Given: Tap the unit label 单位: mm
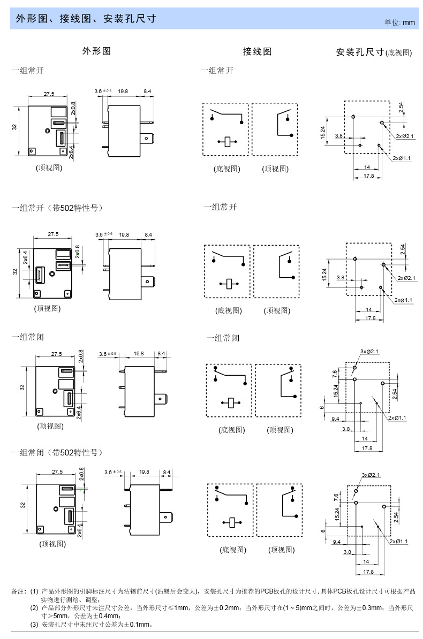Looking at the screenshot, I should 399,22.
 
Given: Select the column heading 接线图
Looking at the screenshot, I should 257,51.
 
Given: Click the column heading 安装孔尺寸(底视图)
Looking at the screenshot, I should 374,52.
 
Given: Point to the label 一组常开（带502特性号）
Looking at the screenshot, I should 57,208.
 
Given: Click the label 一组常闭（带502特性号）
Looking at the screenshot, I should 57,453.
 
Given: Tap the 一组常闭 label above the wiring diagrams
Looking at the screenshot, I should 223,338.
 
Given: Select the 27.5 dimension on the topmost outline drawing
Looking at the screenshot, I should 49,94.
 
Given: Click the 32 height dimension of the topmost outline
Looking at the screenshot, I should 14,127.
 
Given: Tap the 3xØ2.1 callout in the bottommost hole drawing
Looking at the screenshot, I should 371,475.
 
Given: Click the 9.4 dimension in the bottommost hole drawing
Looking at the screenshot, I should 337,542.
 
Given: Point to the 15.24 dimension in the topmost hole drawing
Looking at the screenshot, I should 323,132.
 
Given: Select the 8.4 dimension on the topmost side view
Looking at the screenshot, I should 147,92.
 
